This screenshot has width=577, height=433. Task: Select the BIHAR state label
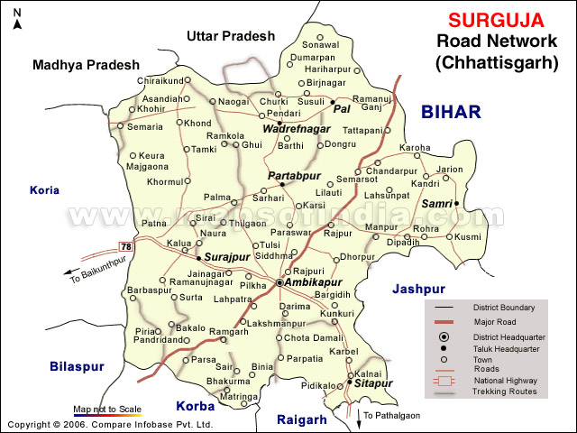coord(451,111)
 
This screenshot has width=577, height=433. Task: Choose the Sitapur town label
coord(373,383)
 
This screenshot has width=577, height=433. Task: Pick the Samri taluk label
coord(436,204)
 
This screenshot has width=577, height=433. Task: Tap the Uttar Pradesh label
coord(229,36)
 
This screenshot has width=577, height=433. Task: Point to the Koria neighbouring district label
coord(44,190)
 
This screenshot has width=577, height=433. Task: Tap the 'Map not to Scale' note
coord(107,409)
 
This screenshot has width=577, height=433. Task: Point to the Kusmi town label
coord(469,236)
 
